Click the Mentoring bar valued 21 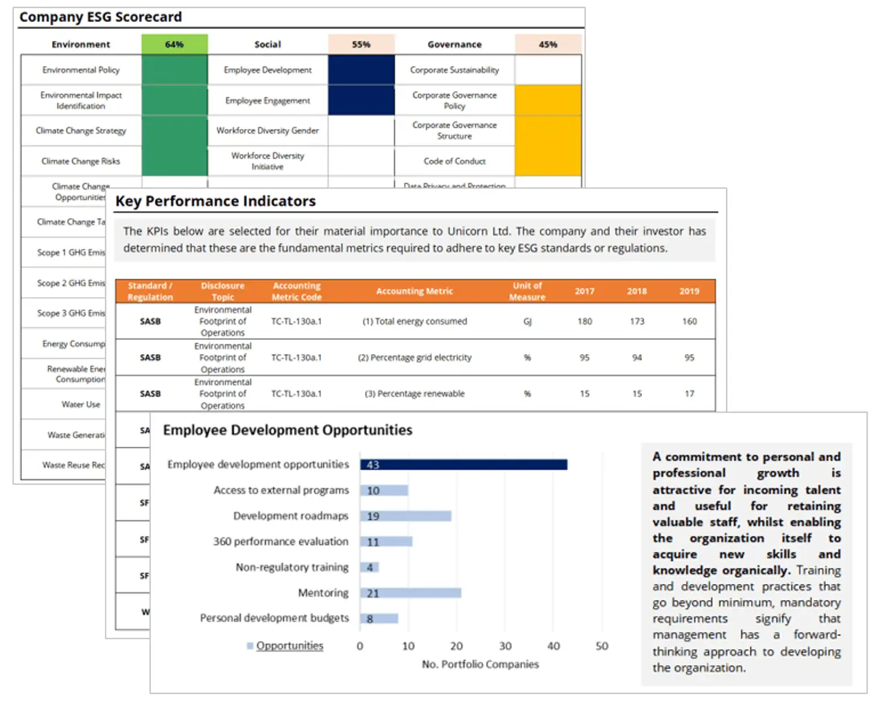[410, 593]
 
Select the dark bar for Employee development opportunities [464, 465]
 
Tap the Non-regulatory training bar [369, 568]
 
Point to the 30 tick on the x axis [505, 646]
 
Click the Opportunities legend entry [289, 646]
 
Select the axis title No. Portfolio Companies [480, 664]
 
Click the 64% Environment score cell [174, 45]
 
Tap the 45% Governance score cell [547, 45]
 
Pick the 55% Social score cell [361, 45]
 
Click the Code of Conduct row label [454, 161]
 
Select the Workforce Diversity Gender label [268, 130]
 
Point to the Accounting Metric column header [414, 291]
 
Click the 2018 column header [637, 291]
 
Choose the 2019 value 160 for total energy [689, 321]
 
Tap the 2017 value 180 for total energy [584, 321]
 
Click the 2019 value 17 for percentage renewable [689, 394]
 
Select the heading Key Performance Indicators [215, 201]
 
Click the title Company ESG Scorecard [100, 17]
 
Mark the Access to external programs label [281, 490]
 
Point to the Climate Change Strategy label [81, 130]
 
